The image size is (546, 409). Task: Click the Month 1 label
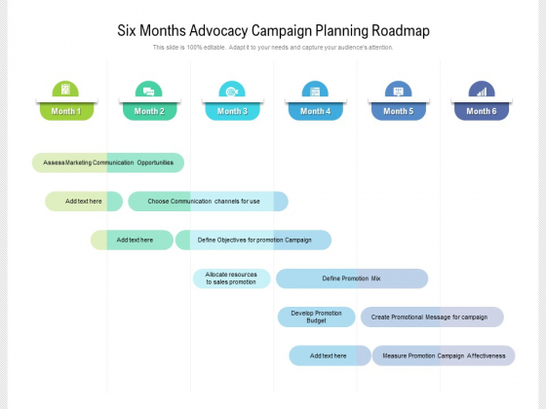(66, 111)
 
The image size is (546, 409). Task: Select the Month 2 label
(149, 111)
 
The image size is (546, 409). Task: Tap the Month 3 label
(232, 111)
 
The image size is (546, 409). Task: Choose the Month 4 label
(316, 111)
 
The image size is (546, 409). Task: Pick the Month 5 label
(399, 111)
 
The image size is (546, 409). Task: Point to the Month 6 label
(482, 111)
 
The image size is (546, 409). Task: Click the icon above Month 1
(65, 90)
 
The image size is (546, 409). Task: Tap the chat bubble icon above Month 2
(148, 92)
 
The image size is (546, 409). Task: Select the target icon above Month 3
(232, 92)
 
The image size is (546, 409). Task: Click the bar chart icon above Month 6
(482, 92)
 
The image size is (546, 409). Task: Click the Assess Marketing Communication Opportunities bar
(108, 163)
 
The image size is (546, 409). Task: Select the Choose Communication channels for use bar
(209, 202)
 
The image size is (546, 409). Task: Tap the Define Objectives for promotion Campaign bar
(253, 240)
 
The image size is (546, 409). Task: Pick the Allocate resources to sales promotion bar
(232, 279)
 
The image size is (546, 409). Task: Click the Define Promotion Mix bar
(352, 279)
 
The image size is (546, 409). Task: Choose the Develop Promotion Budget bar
(317, 316)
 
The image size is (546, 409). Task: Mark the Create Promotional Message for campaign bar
(432, 316)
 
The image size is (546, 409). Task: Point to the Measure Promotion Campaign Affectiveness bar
(444, 355)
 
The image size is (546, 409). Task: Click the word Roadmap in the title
(401, 30)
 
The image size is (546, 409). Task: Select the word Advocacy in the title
(218, 30)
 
